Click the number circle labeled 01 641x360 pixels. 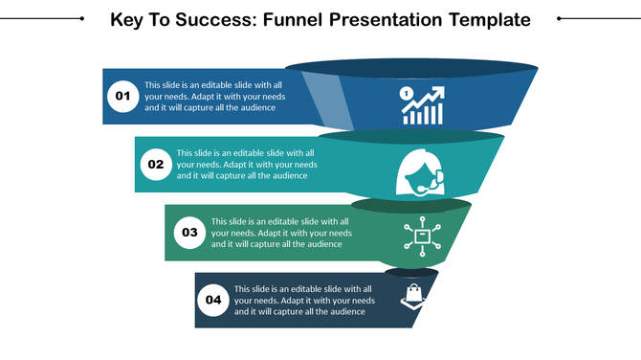pos(122,96)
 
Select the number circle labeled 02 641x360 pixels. pos(155,165)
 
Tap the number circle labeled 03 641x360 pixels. pos(189,232)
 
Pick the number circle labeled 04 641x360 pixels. pos(213,300)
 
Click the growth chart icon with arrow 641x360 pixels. pos(422,105)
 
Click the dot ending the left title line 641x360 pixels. pos(82,18)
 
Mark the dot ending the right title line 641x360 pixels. pos(559,18)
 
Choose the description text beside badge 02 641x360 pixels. pos(246,164)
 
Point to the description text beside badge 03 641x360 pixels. pos(281,233)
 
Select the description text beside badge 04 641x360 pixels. pos(304,300)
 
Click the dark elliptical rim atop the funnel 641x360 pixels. pos(411,67)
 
